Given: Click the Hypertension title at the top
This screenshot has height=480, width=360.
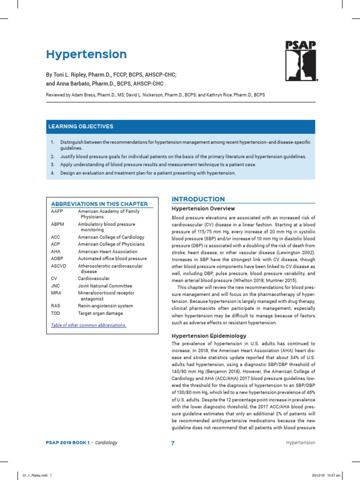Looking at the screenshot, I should point(86,54).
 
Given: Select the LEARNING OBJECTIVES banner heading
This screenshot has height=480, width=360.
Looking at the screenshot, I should point(80,127).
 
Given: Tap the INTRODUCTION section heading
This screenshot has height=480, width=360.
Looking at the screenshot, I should point(198,199).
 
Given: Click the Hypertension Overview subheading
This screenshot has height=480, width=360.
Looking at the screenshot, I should point(203,209).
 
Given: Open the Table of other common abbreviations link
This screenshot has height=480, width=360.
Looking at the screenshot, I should point(88,325).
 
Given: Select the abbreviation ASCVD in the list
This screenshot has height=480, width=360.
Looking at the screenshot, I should point(58,266).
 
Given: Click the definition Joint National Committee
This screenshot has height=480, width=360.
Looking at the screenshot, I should point(105,286).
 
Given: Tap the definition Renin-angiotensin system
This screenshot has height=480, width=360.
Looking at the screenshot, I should point(105,306).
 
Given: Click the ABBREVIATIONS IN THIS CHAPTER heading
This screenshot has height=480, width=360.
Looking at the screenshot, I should point(99,204).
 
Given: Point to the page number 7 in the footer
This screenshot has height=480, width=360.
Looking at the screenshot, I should point(172,443).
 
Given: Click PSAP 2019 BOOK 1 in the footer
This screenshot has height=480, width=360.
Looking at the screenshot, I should point(67,442).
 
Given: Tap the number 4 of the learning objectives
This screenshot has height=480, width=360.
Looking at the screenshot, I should point(52,173).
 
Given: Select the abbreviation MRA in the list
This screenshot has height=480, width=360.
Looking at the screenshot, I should point(56,293).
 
